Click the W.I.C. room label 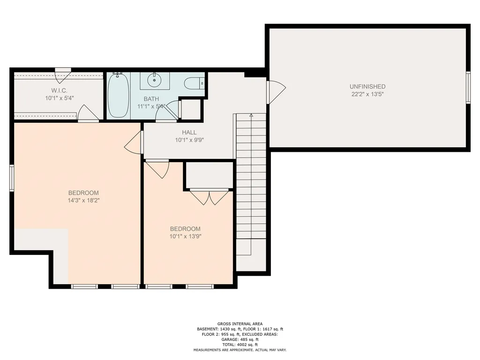click(x=60, y=90)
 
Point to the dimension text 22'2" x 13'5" click(x=367, y=94)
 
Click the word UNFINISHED click(x=367, y=87)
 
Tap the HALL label click(x=189, y=133)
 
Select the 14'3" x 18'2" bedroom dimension click(x=83, y=201)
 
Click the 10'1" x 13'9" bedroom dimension click(x=185, y=236)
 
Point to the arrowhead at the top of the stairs click(x=251, y=115)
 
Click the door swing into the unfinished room click(x=277, y=92)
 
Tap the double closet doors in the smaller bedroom click(x=209, y=197)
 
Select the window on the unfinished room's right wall click(x=468, y=88)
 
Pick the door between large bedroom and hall click(x=134, y=142)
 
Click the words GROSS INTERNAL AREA click(x=240, y=324)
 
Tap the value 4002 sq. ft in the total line click(x=247, y=345)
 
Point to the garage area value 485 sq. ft click(x=249, y=339)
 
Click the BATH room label click(x=151, y=99)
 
